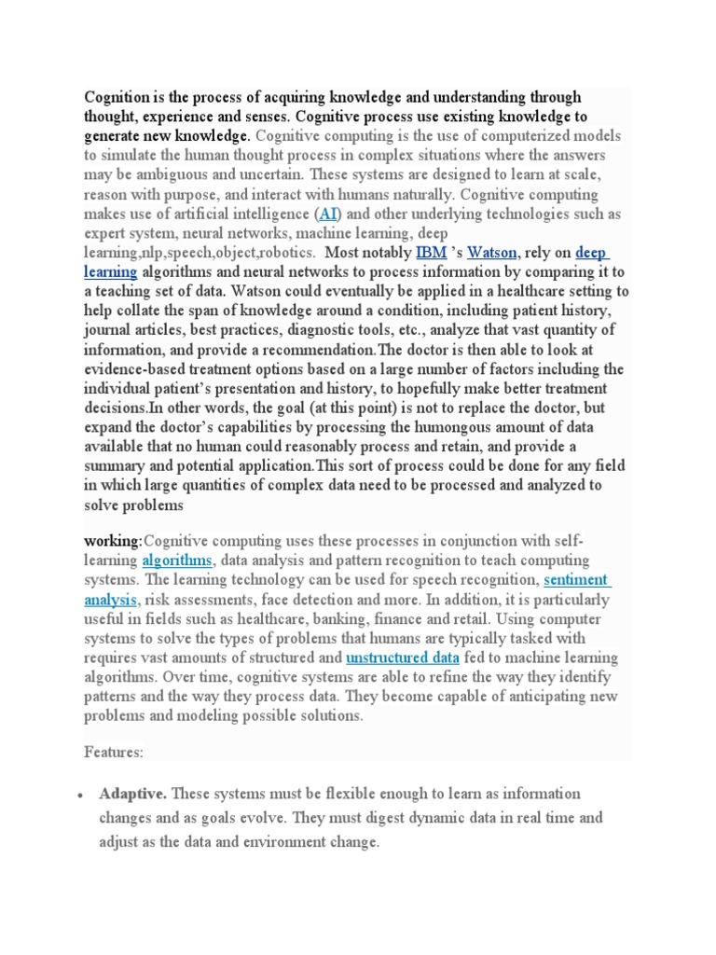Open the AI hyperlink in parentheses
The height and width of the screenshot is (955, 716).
click(x=329, y=214)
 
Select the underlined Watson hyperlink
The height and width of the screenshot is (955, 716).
click(x=491, y=253)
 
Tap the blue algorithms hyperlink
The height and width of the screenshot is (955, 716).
click(x=178, y=561)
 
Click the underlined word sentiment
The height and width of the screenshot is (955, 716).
click(x=577, y=580)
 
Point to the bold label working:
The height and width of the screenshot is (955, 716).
click(x=114, y=541)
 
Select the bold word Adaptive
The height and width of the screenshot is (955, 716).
click(x=132, y=794)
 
